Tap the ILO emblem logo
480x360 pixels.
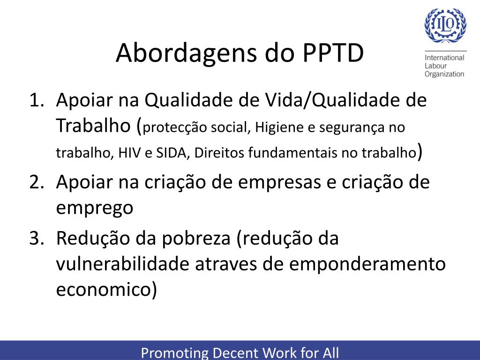tap(445, 26)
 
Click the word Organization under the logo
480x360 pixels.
tap(444, 74)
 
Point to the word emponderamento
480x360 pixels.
tap(367, 265)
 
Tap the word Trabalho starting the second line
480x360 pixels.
tap(92, 126)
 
